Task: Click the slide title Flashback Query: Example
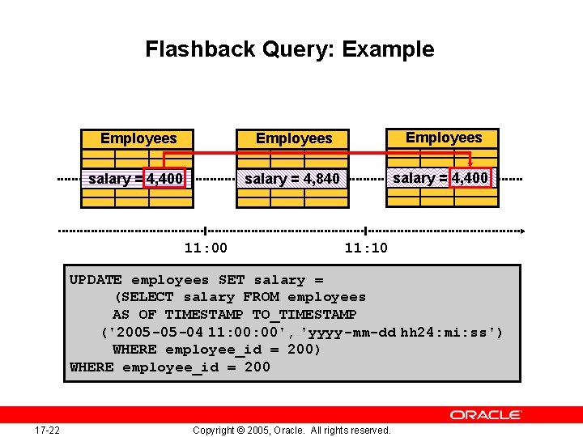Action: (x=290, y=49)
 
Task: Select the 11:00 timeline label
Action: (x=206, y=248)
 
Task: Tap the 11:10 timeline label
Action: (x=366, y=248)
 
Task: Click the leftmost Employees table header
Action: (x=138, y=138)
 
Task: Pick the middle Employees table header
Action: (x=294, y=138)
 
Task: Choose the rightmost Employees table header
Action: (x=444, y=138)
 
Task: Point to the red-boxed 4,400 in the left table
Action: (x=165, y=178)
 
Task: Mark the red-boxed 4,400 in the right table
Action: (x=470, y=177)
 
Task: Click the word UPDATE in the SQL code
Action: (x=96, y=280)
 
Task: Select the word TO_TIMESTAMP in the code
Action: (x=304, y=314)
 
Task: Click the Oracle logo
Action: (x=486, y=415)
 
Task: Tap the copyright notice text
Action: (x=291, y=430)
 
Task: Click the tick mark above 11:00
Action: (x=206, y=231)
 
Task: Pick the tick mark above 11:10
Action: (x=366, y=231)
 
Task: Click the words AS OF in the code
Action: (x=134, y=314)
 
